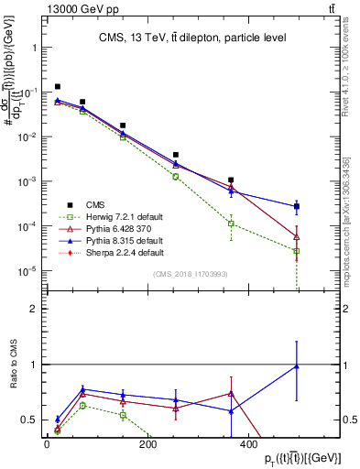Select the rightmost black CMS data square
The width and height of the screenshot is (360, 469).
297,206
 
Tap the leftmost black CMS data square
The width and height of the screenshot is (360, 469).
58,87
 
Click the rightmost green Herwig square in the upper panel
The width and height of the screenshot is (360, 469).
297,251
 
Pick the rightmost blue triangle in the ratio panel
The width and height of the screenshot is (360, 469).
297,366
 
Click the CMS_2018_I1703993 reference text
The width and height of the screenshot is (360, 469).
190,273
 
